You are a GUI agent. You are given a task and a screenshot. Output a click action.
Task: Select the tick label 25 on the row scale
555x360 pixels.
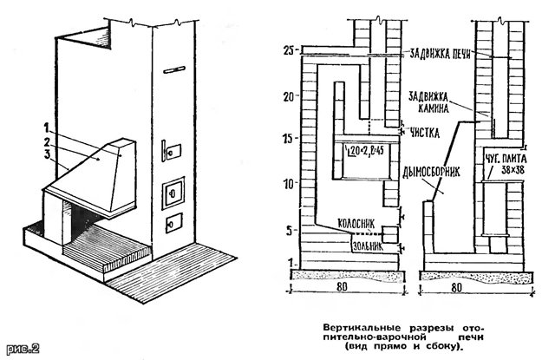289,49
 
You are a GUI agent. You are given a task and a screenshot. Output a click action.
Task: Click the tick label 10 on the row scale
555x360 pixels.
290,183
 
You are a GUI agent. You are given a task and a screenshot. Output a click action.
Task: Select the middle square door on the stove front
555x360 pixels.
174,186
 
